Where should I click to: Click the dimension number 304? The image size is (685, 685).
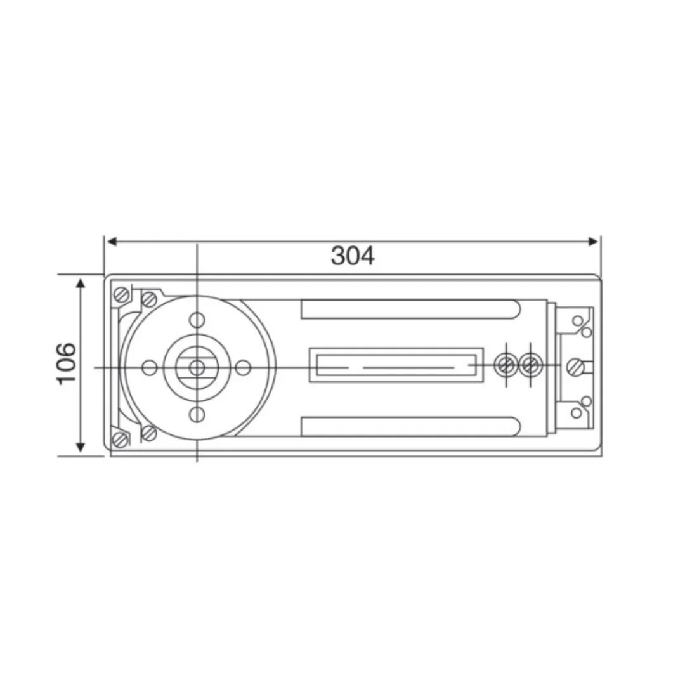click(x=353, y=256)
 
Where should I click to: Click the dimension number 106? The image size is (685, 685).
click(x=66, y=363)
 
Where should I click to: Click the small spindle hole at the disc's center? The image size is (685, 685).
click(x=197, y=367)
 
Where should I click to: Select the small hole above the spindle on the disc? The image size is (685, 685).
click(x=197, y=319)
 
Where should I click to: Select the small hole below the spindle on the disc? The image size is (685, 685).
click(x=197, y=414)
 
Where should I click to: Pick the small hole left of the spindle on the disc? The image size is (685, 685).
click(x=149, y=367)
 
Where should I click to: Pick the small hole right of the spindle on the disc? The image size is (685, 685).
click(x=244, y=367)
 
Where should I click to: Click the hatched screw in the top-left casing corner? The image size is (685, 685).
click(x=121, y=294)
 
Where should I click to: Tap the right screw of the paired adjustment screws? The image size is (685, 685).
click(x=529, y=364)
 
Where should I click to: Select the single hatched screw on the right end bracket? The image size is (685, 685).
click(x=576, y=366)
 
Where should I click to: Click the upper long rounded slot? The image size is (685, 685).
click(x=410, y=310)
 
